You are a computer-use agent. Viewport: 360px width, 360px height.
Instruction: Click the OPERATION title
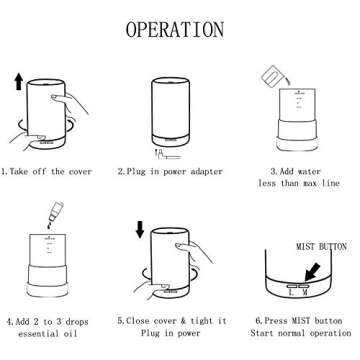(175, 29)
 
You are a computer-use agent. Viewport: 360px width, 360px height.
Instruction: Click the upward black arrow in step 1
(19, 82)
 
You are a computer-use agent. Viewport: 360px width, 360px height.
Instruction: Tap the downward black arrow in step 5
(140, 230)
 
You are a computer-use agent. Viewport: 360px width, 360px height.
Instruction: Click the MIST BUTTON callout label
(321, 247)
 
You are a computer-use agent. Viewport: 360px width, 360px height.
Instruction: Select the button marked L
(292, 286)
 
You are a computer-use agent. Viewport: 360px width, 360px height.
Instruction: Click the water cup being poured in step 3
(272, 76)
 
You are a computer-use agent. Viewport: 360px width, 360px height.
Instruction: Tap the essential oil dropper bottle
(55, 212)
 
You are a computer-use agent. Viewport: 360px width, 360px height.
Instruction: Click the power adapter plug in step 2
(166, 155)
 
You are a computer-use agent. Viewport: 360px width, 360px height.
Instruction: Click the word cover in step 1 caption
(80, 172)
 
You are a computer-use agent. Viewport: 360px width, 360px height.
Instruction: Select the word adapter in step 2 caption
(206, 172)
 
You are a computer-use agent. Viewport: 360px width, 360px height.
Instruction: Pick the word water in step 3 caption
(309, 172)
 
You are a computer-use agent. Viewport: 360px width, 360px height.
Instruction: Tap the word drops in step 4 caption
(77, 322)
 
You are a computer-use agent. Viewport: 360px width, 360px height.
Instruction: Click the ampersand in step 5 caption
(183, 321)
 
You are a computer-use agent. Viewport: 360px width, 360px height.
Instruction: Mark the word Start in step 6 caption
(262, 333)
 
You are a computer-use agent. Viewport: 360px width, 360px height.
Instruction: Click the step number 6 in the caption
(258, 321)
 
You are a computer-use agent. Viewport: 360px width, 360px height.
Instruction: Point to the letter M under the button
(305, 293)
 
